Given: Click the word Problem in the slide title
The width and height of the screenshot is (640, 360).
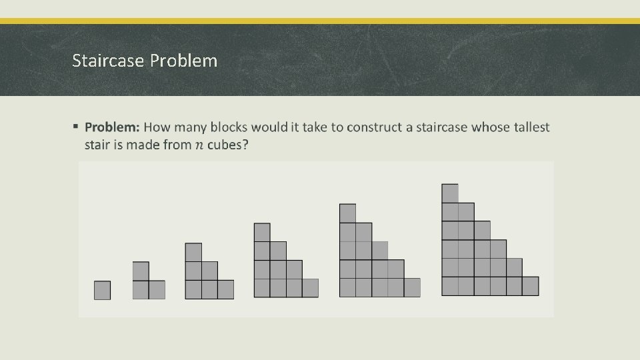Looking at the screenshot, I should pos(183,61).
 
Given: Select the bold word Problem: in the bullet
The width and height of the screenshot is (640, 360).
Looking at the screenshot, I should pos(112,127).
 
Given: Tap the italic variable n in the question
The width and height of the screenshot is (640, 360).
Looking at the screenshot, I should pos(198,145).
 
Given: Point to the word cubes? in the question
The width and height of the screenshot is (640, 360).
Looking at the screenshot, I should pos(228,145).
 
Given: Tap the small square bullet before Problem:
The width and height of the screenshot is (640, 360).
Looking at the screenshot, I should pos(76,125).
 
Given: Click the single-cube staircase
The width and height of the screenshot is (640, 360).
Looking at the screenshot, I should pos(102,290).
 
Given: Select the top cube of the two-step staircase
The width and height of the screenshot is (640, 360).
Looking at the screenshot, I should pos(141,271).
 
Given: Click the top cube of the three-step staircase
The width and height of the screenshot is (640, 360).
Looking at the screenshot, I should pos(193,252).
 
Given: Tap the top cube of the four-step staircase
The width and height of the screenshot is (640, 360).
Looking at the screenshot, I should pos(262,232).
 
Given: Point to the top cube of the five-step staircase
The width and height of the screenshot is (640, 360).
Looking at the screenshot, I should pos(348,213).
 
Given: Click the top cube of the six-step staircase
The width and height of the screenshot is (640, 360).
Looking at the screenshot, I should pos(450,193).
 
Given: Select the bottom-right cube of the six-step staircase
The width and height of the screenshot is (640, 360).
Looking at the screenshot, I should pos(531,286).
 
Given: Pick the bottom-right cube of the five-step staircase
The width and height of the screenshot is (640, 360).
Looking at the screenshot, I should pos(413,287).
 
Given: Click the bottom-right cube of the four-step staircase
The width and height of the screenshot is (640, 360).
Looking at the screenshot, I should pos(311,288).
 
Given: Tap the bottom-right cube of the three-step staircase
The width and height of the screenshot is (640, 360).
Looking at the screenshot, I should pos(226,289).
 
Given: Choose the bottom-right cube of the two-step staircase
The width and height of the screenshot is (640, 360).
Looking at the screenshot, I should pos(157,290).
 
